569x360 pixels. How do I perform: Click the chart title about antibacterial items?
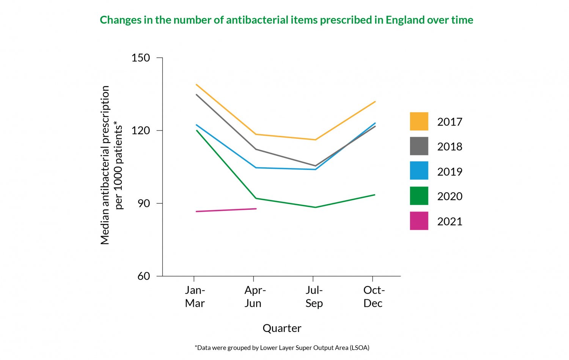286,20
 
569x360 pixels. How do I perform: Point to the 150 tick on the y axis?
141,58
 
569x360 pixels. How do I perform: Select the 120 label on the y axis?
141,130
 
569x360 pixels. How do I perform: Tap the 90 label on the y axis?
143,203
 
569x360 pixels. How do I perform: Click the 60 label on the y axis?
143,276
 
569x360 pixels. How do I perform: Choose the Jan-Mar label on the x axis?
195,297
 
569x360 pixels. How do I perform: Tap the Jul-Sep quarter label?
314,297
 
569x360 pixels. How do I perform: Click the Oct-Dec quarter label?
374,297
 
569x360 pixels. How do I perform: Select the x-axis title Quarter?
282,328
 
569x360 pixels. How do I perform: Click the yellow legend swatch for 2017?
419,121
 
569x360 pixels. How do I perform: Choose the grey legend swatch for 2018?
419,146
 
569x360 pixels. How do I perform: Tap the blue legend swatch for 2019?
419,171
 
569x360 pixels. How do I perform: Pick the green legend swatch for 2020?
419,196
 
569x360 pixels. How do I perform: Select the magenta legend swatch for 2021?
419,221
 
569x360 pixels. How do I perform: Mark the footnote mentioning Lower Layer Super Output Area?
282,347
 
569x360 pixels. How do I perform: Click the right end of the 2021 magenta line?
256,209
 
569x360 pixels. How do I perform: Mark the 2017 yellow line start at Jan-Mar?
196,85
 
